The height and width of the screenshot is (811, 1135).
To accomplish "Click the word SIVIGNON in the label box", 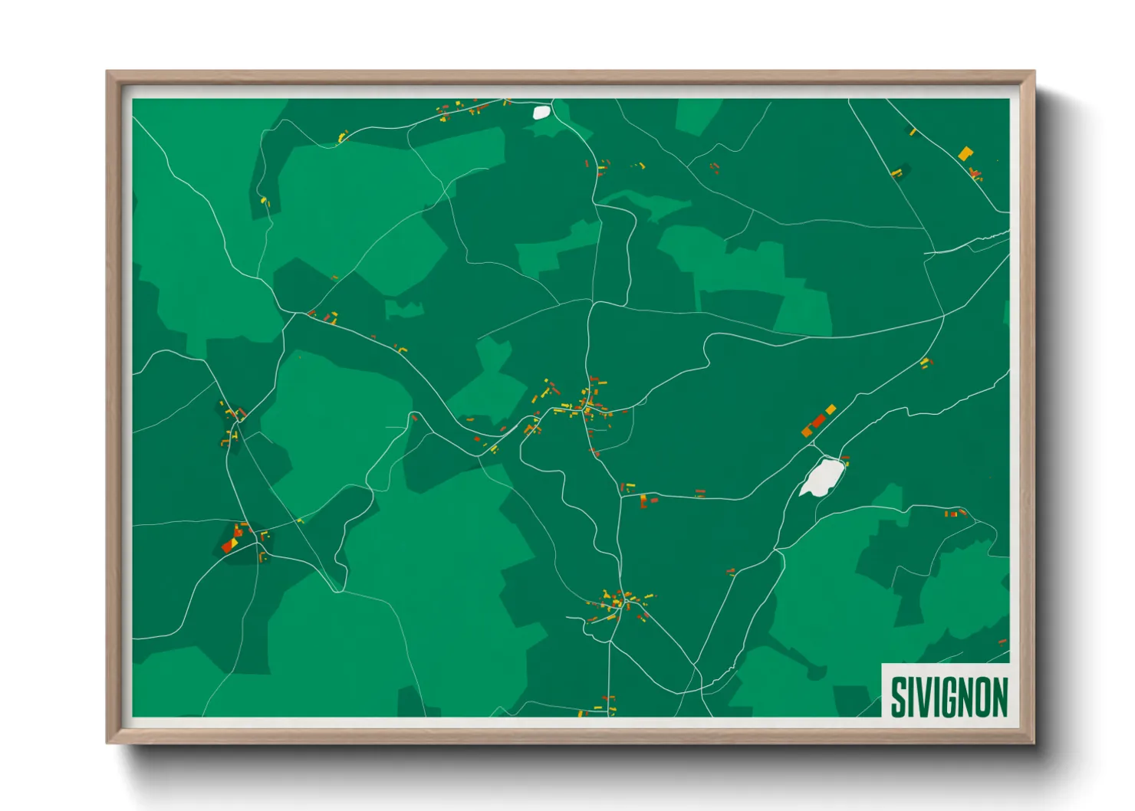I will [949, 697].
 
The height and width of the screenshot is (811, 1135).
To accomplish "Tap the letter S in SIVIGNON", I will [897, 697].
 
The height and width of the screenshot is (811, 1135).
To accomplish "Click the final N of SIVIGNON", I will [999, 697].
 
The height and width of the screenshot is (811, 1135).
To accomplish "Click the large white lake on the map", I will [821, 478].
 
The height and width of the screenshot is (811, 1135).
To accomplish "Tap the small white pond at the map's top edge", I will [541, 112].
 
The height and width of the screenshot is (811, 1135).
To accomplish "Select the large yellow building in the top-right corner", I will [965, 153].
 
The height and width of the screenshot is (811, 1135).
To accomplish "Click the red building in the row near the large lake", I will [818, 421].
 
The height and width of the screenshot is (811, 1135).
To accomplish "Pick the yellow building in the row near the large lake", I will [831, 409].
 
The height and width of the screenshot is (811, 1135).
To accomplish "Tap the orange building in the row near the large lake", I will [808, 431].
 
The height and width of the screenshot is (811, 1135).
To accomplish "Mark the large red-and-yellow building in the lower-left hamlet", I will [229, 544].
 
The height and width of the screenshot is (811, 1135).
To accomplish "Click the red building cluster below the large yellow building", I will [975, 173].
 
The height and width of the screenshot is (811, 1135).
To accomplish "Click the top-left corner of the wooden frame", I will [107, 72].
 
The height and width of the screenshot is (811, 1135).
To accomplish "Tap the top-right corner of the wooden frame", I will [1034, 72].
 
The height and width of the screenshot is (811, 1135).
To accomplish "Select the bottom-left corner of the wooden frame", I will [107, 742].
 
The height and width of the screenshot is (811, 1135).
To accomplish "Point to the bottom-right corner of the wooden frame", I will [1034, 742].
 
